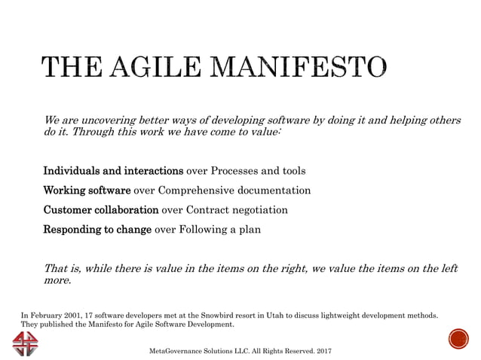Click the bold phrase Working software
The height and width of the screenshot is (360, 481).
[x=87, y=190]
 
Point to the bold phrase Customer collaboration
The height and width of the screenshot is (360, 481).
[x=101, y=209]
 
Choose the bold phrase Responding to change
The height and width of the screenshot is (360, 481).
[x=97, y=229]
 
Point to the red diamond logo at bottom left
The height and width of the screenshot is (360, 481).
[x=28, y=342]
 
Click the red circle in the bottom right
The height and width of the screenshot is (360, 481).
[x=458, y=339]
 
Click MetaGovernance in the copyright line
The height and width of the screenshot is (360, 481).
[x=175, y=351]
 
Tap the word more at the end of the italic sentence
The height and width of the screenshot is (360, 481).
[x=57, y=282]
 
